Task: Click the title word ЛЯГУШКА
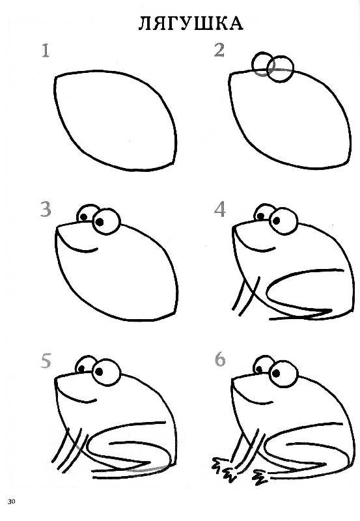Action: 191,23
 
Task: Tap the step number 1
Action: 46,51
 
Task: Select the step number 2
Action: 219,50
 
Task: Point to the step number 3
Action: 46,209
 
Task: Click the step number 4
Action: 220,209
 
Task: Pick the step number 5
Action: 46,361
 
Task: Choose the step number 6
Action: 220,359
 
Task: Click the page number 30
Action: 11,501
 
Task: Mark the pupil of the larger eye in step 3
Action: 100,221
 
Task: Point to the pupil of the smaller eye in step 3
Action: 84,217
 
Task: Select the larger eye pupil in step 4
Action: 275,220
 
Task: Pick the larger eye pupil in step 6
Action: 276,373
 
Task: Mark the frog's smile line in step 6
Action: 253,397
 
